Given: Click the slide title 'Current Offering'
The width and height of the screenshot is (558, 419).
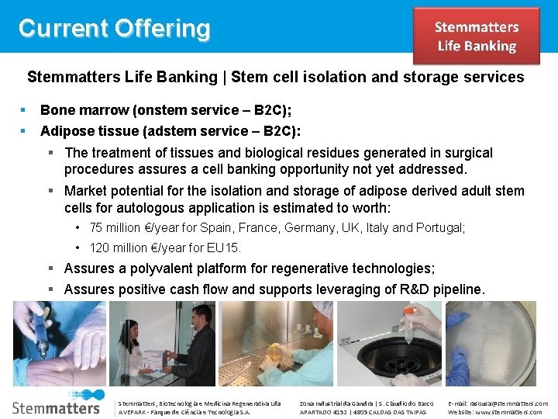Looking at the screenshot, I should pyautogui.click(x=114, y=29).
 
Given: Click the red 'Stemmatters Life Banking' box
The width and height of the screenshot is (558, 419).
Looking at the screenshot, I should pyautogui.click(x=476, y=36).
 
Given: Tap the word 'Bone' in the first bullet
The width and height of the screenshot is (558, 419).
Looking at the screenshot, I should pyautogui.click(x=56, y=110).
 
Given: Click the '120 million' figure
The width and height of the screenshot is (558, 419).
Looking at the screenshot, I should pyautogui.click(x=121, y=248).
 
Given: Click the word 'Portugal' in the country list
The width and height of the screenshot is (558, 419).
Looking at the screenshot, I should pyautogui.click(x=440, y=228).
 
